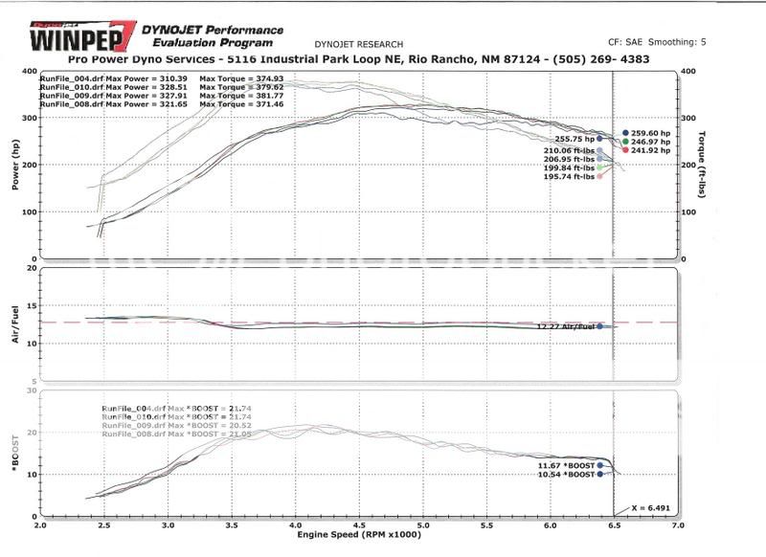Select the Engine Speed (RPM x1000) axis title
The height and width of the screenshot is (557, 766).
click(357, 535)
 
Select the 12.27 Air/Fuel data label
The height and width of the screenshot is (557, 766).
click(566, 327)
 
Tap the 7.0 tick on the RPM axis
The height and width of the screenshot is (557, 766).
click(678, 525)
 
